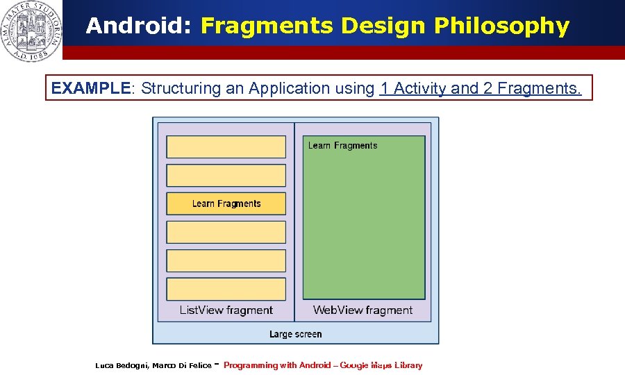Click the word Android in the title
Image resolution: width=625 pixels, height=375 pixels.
[x=139, y=26]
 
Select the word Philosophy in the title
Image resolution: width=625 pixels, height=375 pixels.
[x=501, y=26]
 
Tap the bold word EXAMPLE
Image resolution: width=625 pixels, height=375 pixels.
[x=91, y=88]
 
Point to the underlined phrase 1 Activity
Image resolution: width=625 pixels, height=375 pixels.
[x=414, y=88]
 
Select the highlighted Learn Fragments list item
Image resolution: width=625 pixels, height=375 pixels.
[x=226, y=203]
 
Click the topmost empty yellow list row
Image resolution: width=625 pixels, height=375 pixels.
[x=226, y=147]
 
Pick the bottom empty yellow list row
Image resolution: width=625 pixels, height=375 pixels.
[x=226, y=289]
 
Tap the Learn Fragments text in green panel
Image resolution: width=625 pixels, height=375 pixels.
[x=342, y=146]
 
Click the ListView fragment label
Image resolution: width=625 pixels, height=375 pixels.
[x=226, y=310]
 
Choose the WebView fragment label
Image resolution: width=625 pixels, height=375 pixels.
[x=362, y=310]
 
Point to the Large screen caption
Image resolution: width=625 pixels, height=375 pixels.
[x=295, y=334]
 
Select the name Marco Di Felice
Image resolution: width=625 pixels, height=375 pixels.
[x=182, y=365]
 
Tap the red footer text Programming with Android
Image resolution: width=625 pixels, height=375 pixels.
[x=276, y=365]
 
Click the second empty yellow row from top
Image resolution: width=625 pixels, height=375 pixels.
[x=226, y=175]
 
